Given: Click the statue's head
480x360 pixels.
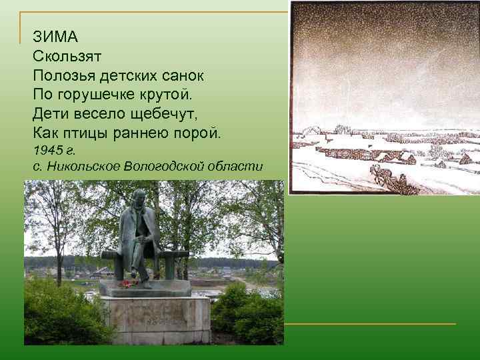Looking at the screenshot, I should (139, 198).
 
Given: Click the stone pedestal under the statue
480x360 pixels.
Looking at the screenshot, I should (155, 320).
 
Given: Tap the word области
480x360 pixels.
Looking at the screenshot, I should (243, 166).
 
